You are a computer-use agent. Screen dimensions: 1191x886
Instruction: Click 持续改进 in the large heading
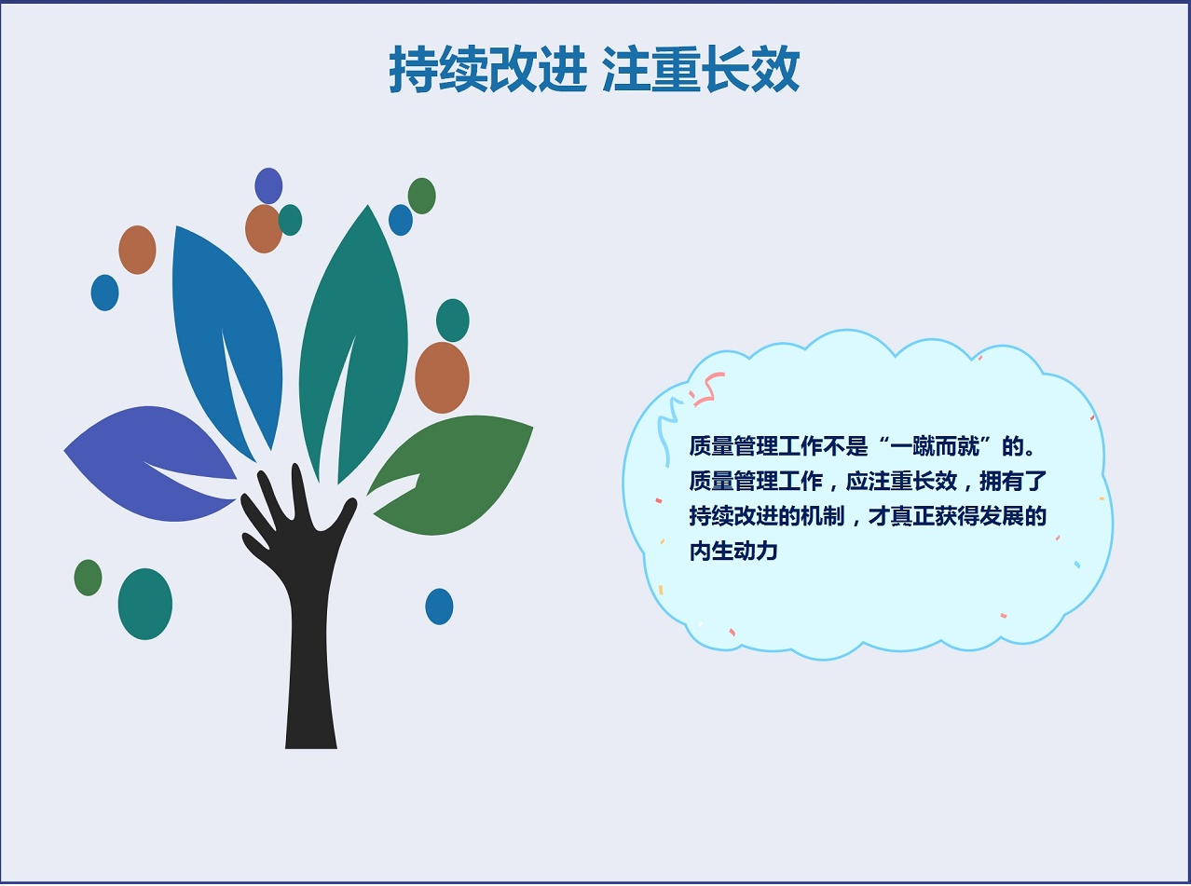pos(487,69)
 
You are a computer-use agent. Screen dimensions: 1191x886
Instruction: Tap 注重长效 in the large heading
pos(702,69)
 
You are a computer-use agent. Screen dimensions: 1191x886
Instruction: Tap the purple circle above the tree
pos(268,185)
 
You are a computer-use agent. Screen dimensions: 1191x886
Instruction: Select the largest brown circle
pos(442,377)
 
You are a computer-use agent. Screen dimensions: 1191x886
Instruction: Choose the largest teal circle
pos(145,604)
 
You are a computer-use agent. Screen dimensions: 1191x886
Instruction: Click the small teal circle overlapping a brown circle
pos(291,220)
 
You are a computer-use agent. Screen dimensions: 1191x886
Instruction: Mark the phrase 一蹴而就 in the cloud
pos(935,446)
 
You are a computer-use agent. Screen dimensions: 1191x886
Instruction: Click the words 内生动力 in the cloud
pos(733,552)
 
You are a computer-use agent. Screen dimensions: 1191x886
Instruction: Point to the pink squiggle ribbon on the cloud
pos(707,388)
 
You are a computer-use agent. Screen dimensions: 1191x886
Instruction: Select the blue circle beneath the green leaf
pos(439,607)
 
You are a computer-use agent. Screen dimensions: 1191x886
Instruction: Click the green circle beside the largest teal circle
pos(88,578)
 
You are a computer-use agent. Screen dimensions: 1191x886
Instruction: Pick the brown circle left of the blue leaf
pos(138,250)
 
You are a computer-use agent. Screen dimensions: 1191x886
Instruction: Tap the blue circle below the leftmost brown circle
pos(104,293)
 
